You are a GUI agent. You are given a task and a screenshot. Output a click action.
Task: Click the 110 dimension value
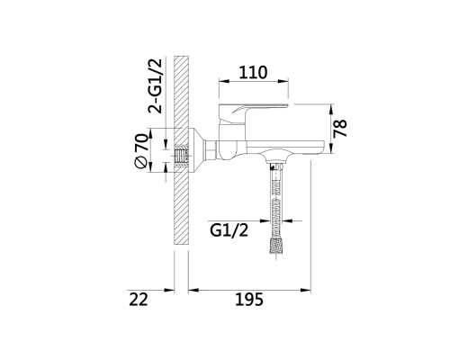[x=253, y=73]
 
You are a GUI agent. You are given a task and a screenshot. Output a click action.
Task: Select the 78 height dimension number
[x=340, y=128]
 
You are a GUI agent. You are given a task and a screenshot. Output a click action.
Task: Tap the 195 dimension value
[x=249, y=299]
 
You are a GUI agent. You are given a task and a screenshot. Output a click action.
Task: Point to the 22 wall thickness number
[x=139, y=299]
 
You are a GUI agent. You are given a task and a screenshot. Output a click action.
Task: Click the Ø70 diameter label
[x=142, y=150]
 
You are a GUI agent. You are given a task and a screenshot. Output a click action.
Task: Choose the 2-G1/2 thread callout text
[x=156, y=86]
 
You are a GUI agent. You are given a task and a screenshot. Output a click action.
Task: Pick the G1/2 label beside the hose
[x=229, y=230]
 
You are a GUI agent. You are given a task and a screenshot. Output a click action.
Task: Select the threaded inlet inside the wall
[x=182, y=157]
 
